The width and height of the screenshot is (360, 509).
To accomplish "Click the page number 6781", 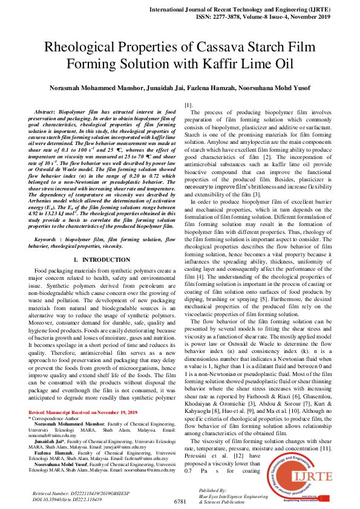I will coord(180,501).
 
